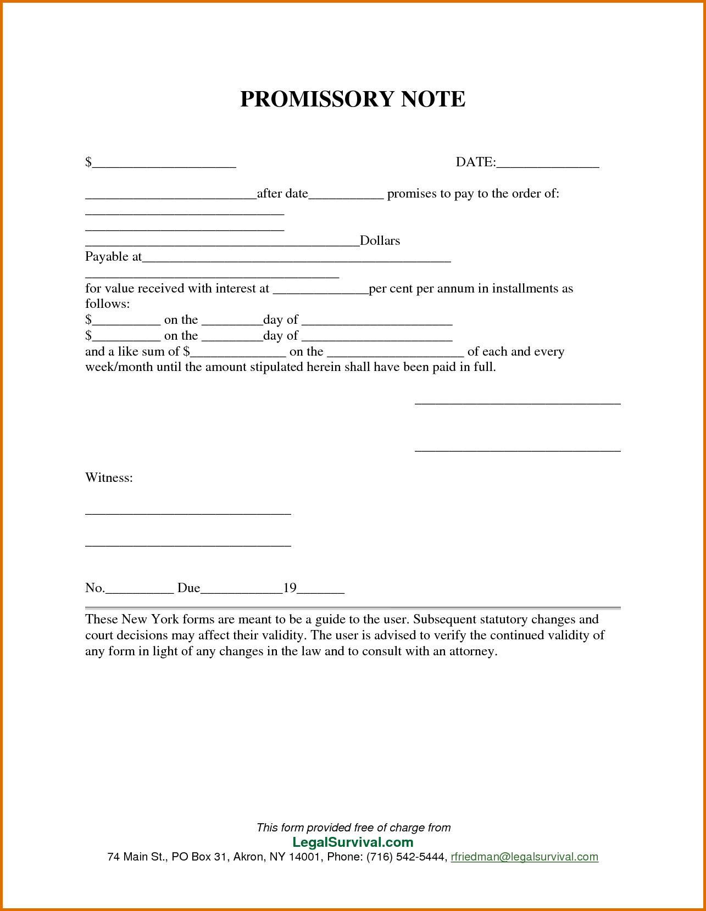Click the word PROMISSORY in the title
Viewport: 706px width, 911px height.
tap(317, 99)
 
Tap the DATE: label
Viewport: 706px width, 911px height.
tap(475, 162)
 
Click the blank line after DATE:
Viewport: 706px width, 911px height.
tap(547, 165)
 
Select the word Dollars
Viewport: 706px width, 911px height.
tap(380, 240)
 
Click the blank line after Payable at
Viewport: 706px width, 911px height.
tap(296, 260)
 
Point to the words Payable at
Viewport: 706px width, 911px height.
tap(113, 256)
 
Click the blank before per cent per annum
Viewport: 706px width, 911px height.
tap(320, 291)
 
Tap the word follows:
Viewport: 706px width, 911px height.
tap(108, 304)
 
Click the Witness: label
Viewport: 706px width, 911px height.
tap(109, 477)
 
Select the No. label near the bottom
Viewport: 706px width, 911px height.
tap(94, 588)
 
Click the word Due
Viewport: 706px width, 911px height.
tap(188, 588)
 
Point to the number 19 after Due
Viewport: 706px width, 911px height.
tap(290, 588)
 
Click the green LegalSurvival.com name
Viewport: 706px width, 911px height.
tap(353, 842)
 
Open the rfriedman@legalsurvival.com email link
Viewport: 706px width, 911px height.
tap(524, 857)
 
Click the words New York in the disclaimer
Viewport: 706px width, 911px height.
tap(150, 619)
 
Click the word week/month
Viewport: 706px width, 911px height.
tap(119, 367)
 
